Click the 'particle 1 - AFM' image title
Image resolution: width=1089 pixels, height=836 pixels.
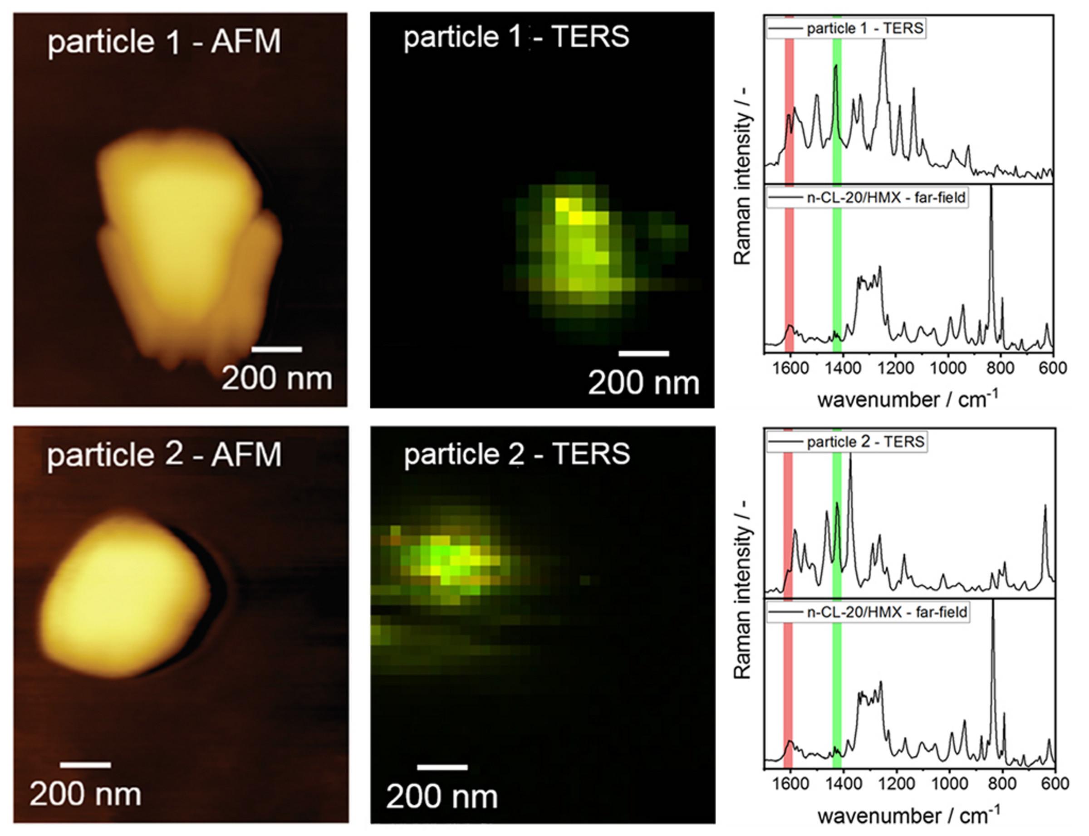coord(164,41)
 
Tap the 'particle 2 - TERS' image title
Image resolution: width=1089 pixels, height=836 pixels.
coord(517,455)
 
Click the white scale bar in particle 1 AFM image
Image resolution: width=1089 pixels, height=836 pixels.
coord(277,349)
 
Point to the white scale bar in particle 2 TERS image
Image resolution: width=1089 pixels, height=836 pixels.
coord(442,767)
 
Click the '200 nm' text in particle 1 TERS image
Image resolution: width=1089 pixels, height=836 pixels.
coord(643,383)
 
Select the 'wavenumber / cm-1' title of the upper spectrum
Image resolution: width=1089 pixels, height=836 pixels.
coord(907,399)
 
